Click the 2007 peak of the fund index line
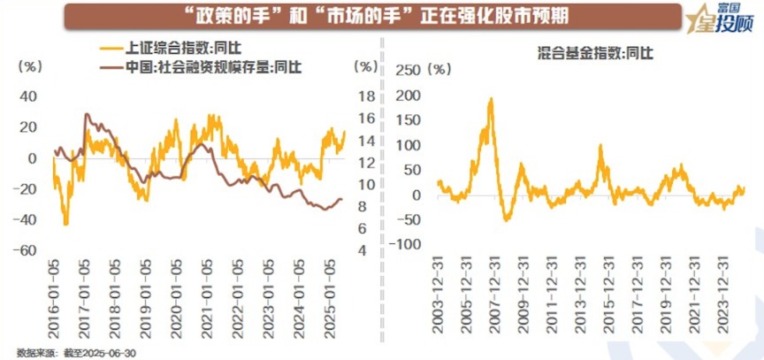pos(491,99)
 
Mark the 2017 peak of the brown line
pos(87,114)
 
